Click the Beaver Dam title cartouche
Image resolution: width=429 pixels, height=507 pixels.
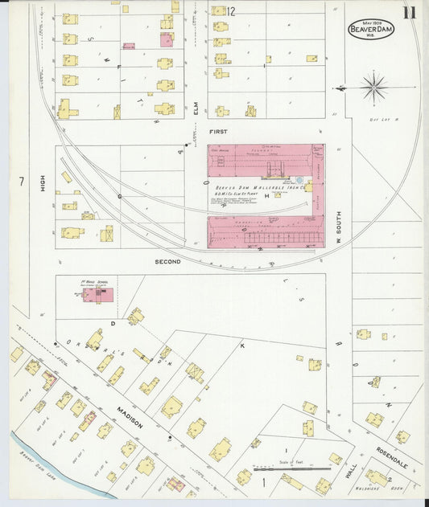370,29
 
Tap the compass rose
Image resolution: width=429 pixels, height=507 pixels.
373,86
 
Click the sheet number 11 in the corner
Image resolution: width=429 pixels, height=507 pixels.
410,12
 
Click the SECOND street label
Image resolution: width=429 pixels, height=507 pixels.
168,262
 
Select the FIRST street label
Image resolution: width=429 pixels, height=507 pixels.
219,131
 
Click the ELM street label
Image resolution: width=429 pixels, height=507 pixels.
196,103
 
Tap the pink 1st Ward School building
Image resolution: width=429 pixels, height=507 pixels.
97,295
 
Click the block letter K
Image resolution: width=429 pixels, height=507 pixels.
241,345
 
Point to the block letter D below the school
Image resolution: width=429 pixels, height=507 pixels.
113,324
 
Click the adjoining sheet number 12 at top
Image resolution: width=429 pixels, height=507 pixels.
231,11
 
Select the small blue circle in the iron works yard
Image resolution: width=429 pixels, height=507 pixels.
299,182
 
